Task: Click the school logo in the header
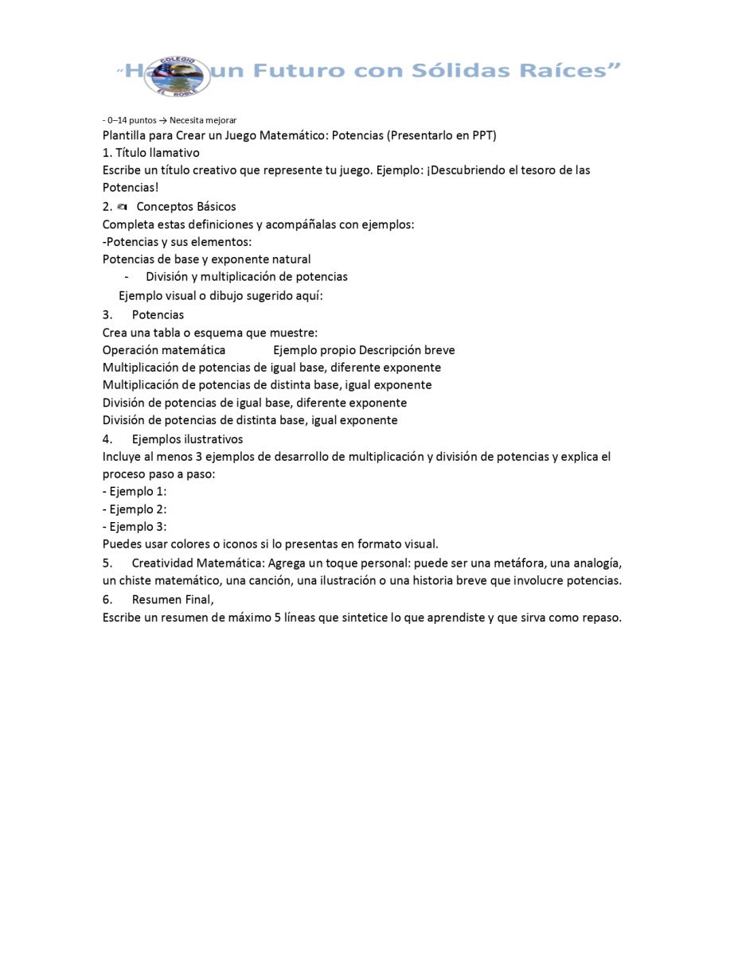[x=181, y=76]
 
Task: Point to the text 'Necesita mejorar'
[x=203, y=120]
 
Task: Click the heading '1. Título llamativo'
[x=151, y=153]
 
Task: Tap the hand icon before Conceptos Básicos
[x=122, y=207]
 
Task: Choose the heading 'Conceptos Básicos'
[x=186, y=207]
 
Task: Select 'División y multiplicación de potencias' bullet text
[x=247, y=277]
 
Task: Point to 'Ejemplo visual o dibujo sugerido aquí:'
[x=221, y=296]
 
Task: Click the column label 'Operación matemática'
[x=164, y=350]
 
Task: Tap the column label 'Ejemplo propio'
[x=314, y=350]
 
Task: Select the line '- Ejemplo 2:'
[x=135, y=509]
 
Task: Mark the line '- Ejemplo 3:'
[x=135, y=527]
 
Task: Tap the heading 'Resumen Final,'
[x=173, y=599]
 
